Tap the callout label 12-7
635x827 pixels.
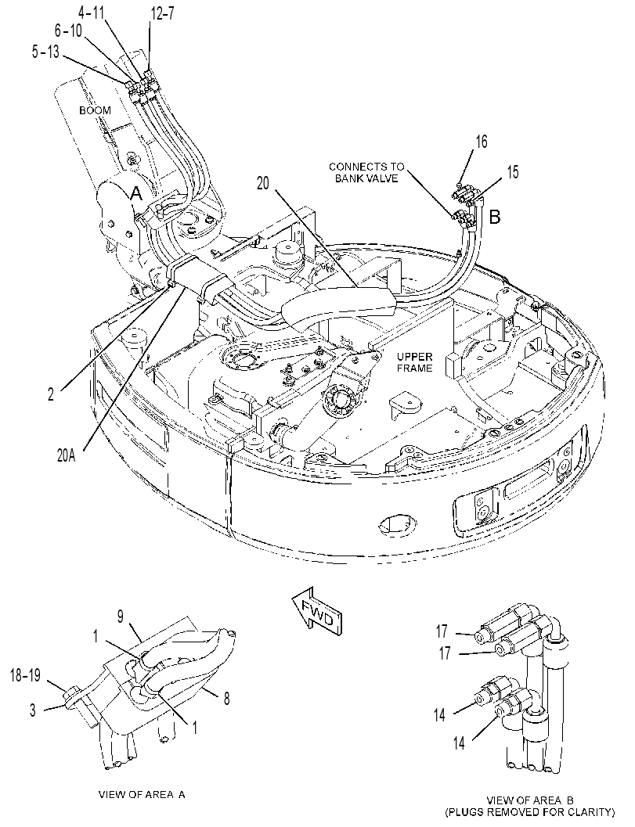pyautogui.click(x=162, y=14)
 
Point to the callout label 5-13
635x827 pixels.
pyautogui.click(x=45, y=52)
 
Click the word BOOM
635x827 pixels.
pyautogui.click(x=95, y=110)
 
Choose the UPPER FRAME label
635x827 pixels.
pyautogui.click(x=414, y=362)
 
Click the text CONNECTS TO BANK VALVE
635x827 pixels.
pyautogui.click(x=366, y=172)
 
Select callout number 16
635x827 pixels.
pyautogui.click(x=481, y=142)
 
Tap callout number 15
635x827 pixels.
pyautogui.click(x=512, y=172)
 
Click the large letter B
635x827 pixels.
pyautogui.click(x=495, y=216)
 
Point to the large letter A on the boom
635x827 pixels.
pyautogui.click(x=136, y=193)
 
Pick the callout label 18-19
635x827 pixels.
pyautogui.click(x=25, y=676)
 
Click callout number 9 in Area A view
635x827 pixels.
pyautogui.click(x=121, y=617)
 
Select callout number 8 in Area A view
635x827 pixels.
pyautogui.click(x=226, y=699)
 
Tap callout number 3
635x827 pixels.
pyautogui.click(x=33, y=710)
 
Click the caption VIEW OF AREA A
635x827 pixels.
pyautogui.click(x=142, y=795)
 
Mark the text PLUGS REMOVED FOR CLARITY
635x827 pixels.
pyautogui.click(x=530, y=811)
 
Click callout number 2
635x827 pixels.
pyautogui.click(x=51, y=394)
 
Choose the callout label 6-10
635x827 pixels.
pyautogui.click(x=68, y=31)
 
